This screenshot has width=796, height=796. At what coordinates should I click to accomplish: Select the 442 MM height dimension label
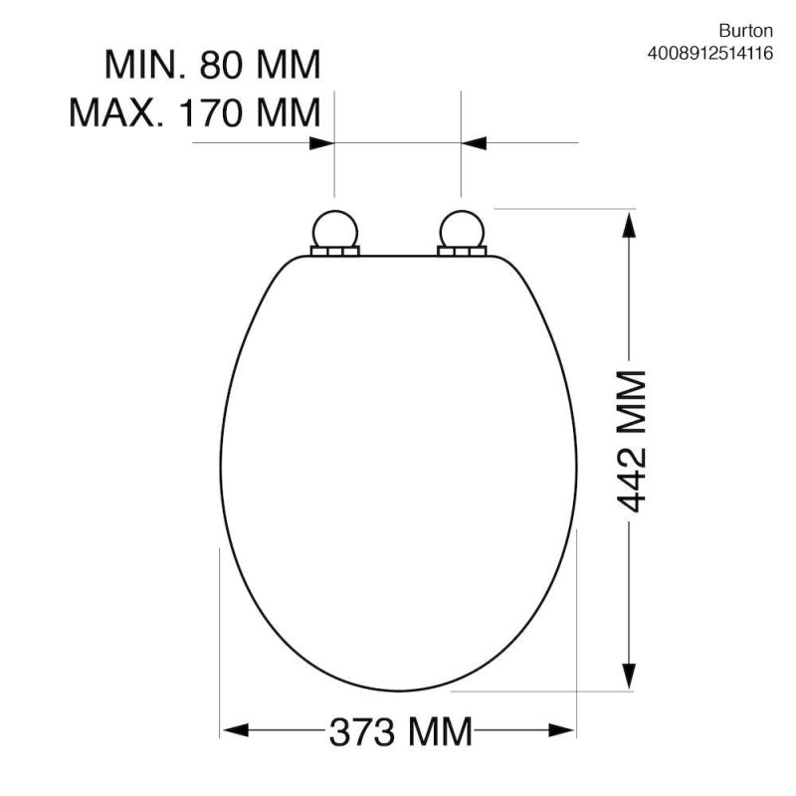click(x=630, y=440)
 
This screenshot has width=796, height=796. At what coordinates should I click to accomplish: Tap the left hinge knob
click(x=333, y=229)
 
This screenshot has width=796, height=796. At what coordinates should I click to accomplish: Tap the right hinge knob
click(x=460, y=229)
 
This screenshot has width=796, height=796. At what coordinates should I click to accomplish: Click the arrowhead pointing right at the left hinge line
click(x=320, y=143)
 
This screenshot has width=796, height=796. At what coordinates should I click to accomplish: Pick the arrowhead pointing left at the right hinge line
click(x=474, y=143)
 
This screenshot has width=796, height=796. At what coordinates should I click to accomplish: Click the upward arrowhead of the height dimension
click(x=629, y=223)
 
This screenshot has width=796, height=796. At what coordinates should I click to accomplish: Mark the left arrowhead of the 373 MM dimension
click(x=233, y=732)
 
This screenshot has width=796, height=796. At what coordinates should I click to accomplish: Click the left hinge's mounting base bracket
click(x=333, y=254)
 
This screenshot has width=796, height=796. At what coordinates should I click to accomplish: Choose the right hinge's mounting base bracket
click(x=460, y=254)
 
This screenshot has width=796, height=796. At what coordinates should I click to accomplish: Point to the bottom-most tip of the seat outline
click(x=398, y=690)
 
